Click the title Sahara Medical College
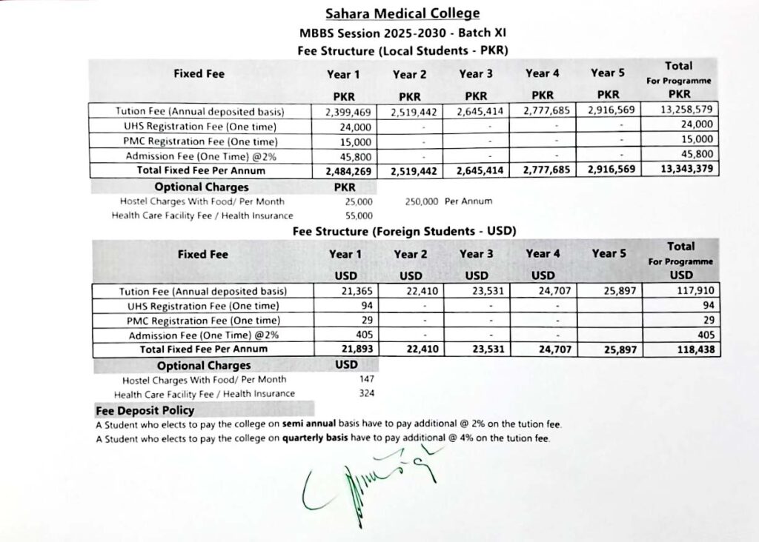point(402,13)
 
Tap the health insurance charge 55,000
point(359,215)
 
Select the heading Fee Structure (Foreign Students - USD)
point(404,231)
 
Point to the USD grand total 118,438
point(697,349)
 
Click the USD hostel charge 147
point(365,379)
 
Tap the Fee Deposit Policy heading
point(145,410)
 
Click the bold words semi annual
point(309,425)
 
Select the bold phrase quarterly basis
point(319,439)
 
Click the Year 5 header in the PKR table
point(607,73)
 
